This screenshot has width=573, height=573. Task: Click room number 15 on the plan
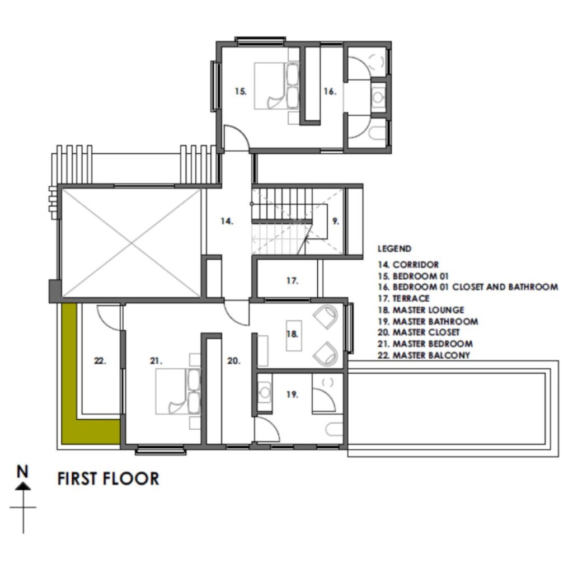point(241,91)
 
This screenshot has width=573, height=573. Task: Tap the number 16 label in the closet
point(330,91)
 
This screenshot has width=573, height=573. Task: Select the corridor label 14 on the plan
point(227,221)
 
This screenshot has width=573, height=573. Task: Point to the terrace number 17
point(292,281)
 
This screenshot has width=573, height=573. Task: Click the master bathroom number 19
point(292,394)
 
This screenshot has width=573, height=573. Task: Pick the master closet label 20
point(233,361)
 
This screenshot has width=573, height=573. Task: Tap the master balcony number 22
point(100,361)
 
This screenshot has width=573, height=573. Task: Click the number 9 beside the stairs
point(336,221)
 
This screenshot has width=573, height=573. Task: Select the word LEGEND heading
point(394,249)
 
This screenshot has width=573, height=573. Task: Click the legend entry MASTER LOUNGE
point(428,310)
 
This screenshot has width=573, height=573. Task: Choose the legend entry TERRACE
point(411,299)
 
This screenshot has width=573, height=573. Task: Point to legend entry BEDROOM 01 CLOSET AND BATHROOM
point(475,287)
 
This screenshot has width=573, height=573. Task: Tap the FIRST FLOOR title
point(108,479)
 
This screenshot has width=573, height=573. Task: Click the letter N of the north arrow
point(22,471)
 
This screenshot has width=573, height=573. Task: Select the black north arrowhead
point(23,486)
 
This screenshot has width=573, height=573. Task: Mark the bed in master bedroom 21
point(178,391)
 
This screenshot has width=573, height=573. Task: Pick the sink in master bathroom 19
point(265,392)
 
